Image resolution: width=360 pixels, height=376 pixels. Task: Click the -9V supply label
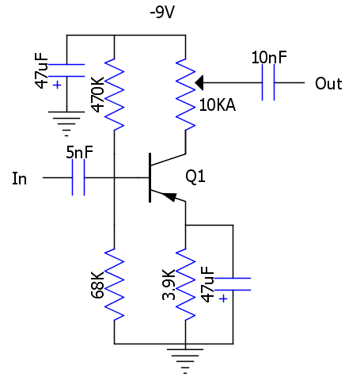point(162,12)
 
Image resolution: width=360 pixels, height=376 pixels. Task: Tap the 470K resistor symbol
point(114,94)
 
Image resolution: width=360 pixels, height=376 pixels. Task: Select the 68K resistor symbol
point(114,284)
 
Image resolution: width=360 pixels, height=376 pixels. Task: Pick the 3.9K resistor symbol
point(185,284)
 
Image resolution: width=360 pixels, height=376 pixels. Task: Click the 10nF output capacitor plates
point(268,82)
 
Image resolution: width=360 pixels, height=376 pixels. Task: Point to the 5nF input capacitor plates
point(78,177)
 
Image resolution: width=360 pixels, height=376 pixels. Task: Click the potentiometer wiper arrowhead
point(199,82)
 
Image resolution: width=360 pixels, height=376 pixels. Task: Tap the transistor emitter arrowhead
point(169,197)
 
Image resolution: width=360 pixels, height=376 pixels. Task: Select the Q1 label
point(195,177)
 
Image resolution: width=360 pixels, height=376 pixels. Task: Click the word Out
point(328,84)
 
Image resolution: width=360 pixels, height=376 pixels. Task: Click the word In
point(20,179)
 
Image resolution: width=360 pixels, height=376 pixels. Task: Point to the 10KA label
point(218,105)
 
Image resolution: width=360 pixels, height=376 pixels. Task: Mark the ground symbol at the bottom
point(185,361)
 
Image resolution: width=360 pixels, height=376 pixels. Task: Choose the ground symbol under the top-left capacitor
point(66,123)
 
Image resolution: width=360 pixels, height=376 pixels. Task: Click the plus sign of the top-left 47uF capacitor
point(57,85)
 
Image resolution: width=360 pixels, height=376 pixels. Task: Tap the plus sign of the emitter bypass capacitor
point(223,298)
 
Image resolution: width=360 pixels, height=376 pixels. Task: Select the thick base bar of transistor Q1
point(150,177)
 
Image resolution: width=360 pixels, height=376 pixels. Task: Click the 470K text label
point(97,94)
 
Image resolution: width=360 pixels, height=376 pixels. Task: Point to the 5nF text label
point(79,152)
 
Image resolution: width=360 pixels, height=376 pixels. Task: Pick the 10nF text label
point(269,57)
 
